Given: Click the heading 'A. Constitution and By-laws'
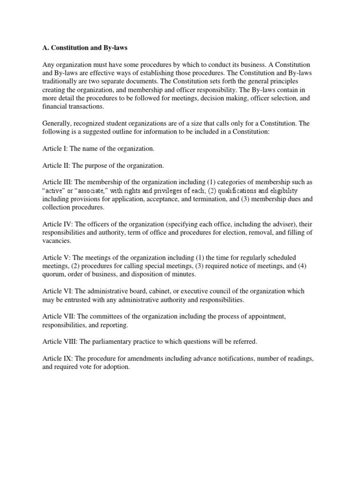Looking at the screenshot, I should coord(83,47).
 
